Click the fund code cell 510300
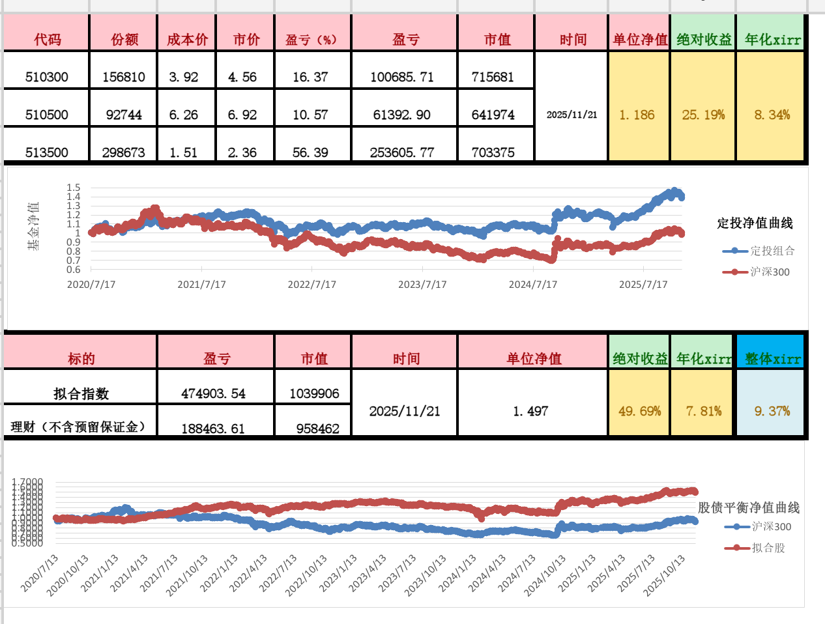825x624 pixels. (x=47, y=77)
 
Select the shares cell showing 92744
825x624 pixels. (x=124, y=115)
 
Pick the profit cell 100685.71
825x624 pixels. (x=402, y=77)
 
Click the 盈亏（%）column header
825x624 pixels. (x=311, y=40)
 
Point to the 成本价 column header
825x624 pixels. (x=188, y=40)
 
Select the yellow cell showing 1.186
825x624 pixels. (x=637, y=115)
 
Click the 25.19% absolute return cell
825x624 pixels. (x=703, y=115)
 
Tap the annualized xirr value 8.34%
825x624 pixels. (x=772, y=115)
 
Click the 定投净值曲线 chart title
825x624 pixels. (x=755, y=223)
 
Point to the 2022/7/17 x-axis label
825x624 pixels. (x=312, y=285)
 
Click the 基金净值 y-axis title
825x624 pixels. (x=33, y=225)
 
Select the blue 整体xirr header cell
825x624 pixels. (x=772, y=359)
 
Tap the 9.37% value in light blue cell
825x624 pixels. (x=772, y=411)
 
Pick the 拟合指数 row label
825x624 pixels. (x=81, y=393)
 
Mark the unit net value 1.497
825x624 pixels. (x=530, y=411)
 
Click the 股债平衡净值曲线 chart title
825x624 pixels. (x=749, y=507)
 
